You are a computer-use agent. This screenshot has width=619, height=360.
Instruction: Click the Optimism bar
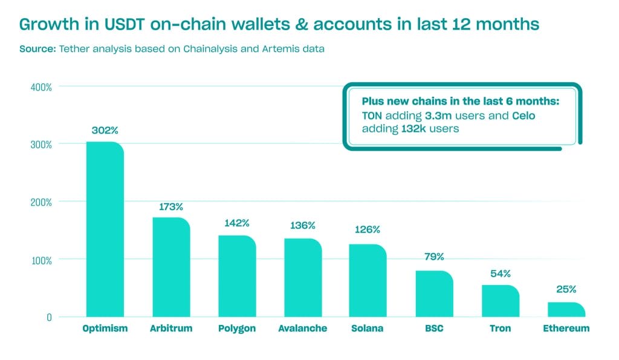pos(105,230)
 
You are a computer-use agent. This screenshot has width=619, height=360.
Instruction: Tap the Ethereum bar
pos(566,310)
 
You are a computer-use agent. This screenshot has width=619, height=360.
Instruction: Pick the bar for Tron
pos(500,301)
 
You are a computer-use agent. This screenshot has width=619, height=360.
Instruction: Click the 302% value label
pos(105,130)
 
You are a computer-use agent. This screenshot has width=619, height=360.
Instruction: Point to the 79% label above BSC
pos(433,257)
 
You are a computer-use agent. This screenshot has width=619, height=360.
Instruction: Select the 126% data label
pos(367,230)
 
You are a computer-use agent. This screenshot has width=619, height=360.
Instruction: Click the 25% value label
pos(566,289)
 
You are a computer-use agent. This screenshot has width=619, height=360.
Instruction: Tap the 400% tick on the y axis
pos(41,87)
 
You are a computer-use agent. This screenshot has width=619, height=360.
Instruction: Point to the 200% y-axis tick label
pos(41,202)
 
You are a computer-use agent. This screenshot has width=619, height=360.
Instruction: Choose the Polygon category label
pos(236,329)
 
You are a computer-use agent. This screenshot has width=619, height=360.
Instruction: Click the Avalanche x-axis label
pos(303,329)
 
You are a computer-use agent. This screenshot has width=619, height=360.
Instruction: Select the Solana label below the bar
pos(367,329)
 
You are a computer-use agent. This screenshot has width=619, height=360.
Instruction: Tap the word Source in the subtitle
pos(37,49)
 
